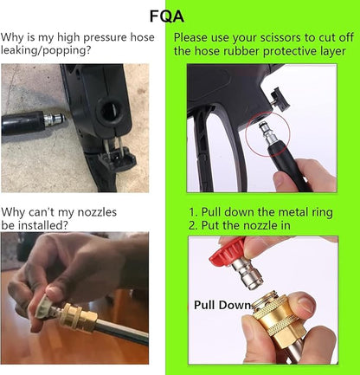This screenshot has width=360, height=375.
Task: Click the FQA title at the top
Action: [167, 16]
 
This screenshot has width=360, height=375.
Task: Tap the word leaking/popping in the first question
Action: [46, 50]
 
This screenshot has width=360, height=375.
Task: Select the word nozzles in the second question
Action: [97, 212]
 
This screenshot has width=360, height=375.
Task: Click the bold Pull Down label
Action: [222, 305]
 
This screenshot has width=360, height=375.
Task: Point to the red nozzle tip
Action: [228, 251]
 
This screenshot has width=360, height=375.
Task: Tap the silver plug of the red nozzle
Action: [248, 274]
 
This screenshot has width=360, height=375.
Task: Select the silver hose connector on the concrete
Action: [54, 119]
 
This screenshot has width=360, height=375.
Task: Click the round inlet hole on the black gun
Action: [109, 110]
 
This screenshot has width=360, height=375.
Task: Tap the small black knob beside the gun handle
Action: [280, 99]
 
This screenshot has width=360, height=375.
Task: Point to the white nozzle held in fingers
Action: [44, 307]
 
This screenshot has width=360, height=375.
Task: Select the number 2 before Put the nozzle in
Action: [192, 225]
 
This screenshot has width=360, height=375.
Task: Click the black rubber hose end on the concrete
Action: [22, 122]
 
